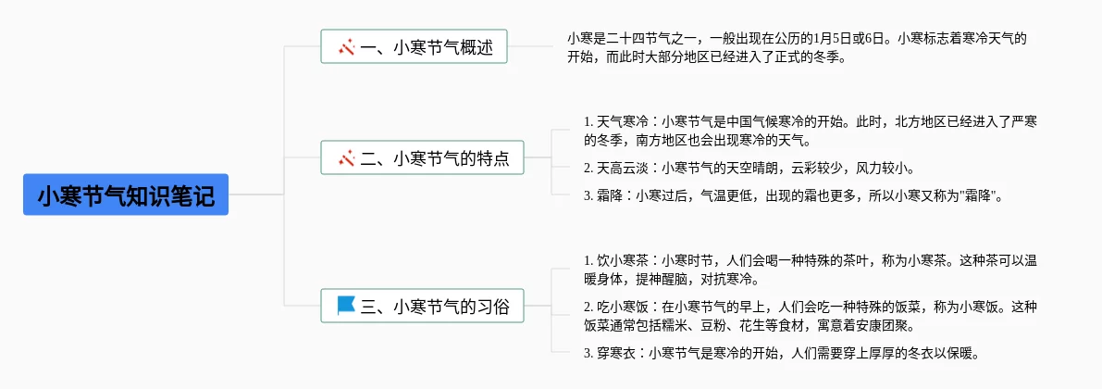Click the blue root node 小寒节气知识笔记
[126, 195]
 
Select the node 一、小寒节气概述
[414, 46]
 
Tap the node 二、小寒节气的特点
[422, 158]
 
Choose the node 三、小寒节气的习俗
[422, 306]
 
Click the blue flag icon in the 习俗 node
[346, 305]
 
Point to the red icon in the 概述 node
[346, 46]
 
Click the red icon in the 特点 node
[346, 158]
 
